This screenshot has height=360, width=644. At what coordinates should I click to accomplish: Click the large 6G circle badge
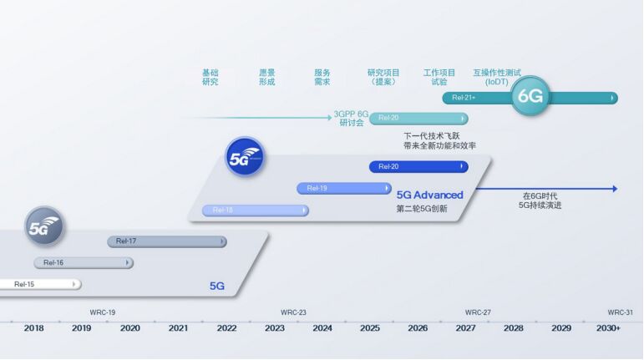(x=530, y=96)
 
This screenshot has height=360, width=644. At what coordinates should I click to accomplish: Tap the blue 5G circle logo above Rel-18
(x=245, y=156)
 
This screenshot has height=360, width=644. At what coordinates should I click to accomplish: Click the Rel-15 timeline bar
(x=38, y=284)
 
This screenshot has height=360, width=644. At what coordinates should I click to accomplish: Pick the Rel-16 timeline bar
(x=83, y=262)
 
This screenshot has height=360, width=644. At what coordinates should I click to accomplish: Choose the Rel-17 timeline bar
(x=166, y=241)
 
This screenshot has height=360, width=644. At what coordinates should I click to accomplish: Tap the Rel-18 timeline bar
(x=255, y=210)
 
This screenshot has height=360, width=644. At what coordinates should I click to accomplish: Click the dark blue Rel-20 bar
(x=418, y=167)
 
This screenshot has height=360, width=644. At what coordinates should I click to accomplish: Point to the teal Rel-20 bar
(x=418, y=118)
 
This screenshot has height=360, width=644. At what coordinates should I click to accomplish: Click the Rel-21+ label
(x=464, y=98)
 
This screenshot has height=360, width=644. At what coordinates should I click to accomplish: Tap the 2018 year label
(x=34, y=328)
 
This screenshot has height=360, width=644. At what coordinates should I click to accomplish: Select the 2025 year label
(x=370, y=328)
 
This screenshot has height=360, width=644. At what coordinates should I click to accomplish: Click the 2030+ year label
(x=609, y=328)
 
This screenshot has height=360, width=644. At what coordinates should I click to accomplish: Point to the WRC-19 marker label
(x=103, y=312)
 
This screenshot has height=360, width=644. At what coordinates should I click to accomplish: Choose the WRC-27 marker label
(x=478, y=312)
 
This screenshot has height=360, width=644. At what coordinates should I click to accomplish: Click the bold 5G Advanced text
(x=429, y=195)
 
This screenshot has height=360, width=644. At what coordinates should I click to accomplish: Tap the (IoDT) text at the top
(x=496, y=82)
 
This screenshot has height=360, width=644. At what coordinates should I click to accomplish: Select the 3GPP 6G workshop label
(x=351, y=118)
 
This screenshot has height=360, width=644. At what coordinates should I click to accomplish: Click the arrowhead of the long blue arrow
(x=614, y=189)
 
